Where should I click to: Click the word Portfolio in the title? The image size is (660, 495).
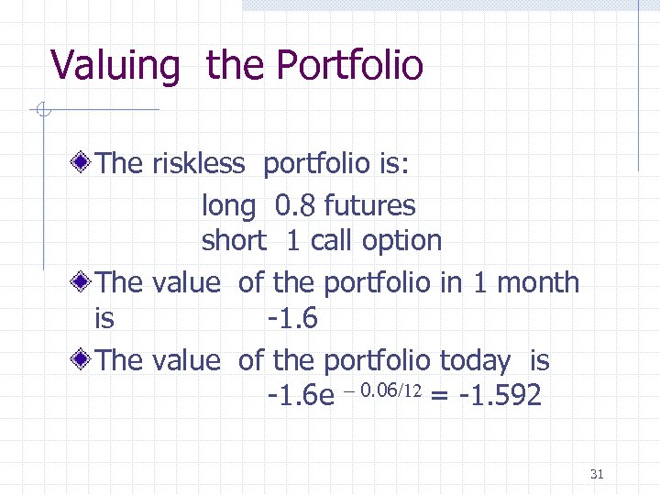pyautogui.click(x=349, y=66)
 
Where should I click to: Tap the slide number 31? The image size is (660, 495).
pyautogui.click(x=597, y=474)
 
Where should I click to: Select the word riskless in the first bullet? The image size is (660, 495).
pyautogui.click(x=199, y=164)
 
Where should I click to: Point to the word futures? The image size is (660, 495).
pyautogui.click(x=369, y=206)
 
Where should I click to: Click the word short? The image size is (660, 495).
pyautogui.click(x=234, y=241)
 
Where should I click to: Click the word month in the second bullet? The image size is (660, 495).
pyautogui.click(x=540, y=282)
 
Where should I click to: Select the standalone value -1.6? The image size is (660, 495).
pyautogui.click(x=291, y=319)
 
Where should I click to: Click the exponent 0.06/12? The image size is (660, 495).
pyautogui.click(x=391, y=392)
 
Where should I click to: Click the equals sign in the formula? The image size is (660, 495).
pyautogui.click(x=440, y=398)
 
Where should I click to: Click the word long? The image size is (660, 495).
pyautogui.click(x=228, y=207)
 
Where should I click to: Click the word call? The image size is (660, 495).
pyautogui.click(x=333, y=241)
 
